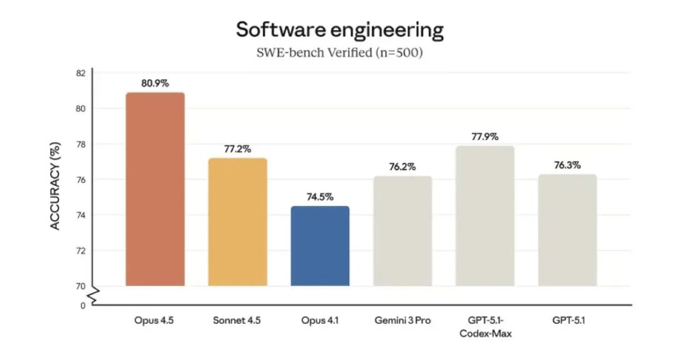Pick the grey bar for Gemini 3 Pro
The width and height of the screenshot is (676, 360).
click(402, 231)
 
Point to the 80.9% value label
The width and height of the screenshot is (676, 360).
click(155, 83)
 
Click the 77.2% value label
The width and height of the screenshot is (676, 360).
click(238, 149)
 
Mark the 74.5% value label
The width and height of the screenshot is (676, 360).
click(320, 197)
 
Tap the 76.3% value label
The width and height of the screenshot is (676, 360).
click(567, 165)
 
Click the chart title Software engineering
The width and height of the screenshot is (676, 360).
click(339, 29)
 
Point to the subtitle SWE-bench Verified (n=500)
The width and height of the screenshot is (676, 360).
click(339, 53)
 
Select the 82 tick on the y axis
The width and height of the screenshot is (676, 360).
click(80, 73)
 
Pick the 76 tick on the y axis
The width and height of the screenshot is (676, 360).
click(80, 180)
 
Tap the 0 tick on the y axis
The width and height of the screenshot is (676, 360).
click(83, 306)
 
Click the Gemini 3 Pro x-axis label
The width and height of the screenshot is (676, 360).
click(402, 321)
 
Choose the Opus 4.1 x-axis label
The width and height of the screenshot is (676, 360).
click(320, 321)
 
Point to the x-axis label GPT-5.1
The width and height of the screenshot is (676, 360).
click(567, 321)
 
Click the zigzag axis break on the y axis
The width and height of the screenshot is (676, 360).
click(94, 296)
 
